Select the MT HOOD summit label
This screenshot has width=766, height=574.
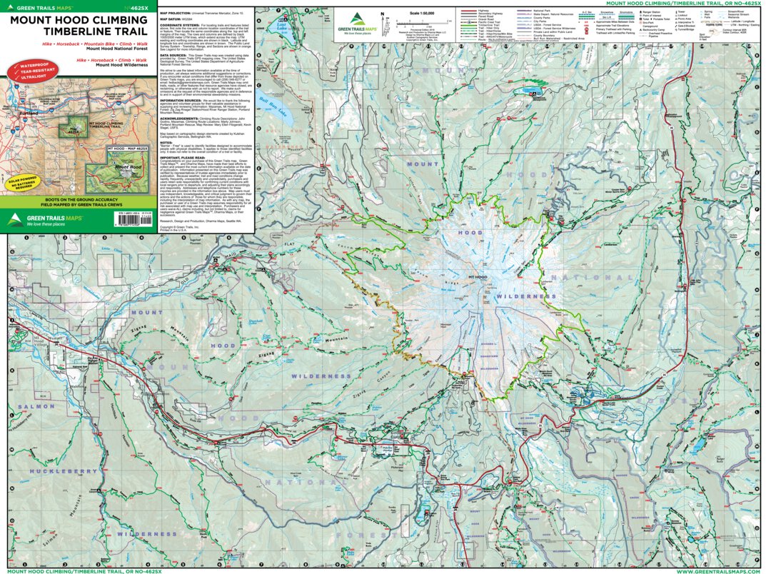pos(477,277)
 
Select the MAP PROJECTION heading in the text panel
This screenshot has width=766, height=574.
pos(176,13)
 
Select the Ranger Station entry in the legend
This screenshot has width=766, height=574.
pos(650,13)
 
